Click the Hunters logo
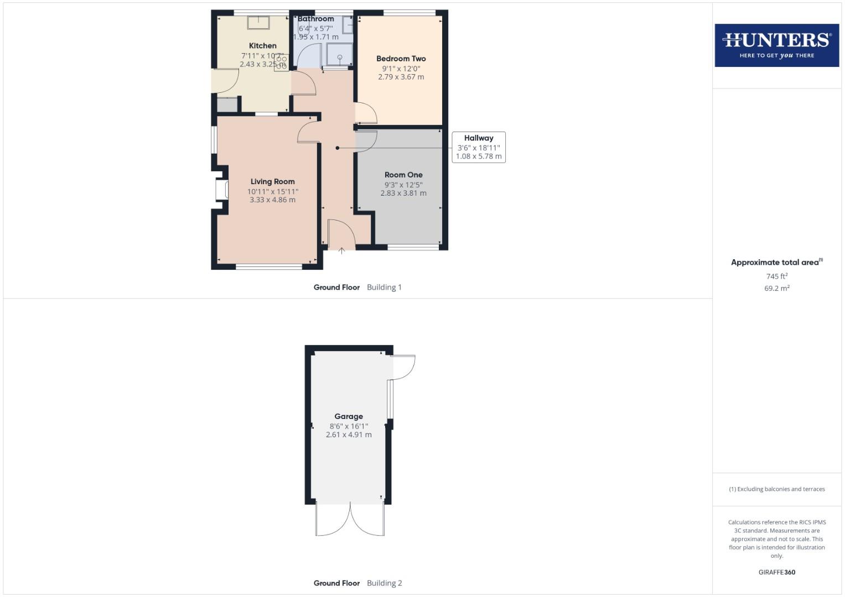776,45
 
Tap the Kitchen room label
262,46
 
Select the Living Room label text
272,181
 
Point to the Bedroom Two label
401,59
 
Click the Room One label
403,175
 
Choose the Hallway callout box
479,147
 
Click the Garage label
349,417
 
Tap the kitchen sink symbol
258,22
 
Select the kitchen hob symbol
281,61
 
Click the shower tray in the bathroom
339,55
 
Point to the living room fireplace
222,190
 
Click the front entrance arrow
341,251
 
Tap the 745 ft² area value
776,276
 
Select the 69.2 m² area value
776,288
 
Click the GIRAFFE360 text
776,572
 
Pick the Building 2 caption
384,583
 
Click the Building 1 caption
384,287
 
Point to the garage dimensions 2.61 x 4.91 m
349,435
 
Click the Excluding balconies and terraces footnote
776,489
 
